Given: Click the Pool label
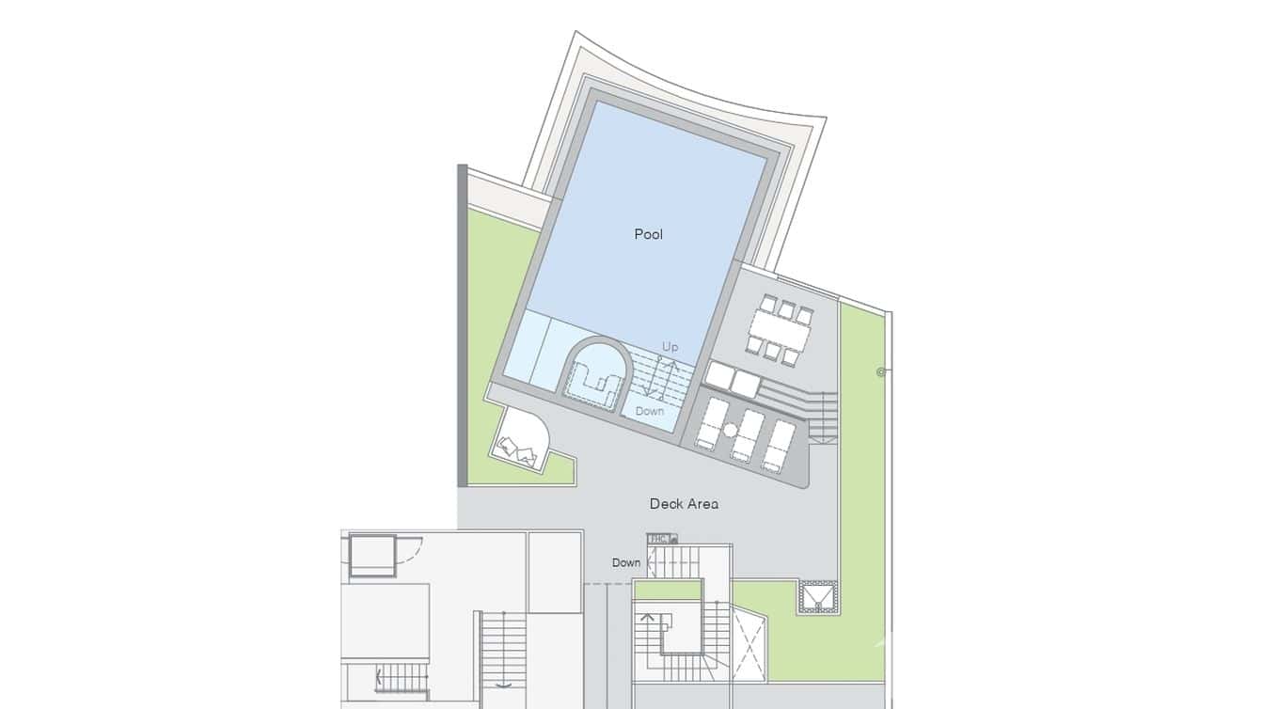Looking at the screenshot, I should tap(648, 234).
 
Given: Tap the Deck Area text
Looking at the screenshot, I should tap(684, 504).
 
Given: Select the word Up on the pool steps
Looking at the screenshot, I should tap(670, 347).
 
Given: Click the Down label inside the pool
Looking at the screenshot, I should tap(649, 411).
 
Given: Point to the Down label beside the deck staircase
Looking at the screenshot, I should tap(626, 563).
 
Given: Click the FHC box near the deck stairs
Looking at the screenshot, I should tap(659, 539).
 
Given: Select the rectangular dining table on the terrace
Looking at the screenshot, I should tap(780, 330).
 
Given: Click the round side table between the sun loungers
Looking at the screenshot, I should tap(730, 430).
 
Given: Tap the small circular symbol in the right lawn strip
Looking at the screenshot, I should tap(881, 372).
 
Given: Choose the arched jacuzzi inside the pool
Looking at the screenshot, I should tap(595, 373).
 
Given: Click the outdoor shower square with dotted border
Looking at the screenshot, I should tap(817, 596).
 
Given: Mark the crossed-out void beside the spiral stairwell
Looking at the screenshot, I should tap(749, 644).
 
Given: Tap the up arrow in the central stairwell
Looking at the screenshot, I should tap(648, 620).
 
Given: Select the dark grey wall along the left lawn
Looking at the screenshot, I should tap(462, 324).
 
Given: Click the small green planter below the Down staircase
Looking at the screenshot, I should tap(667, 591).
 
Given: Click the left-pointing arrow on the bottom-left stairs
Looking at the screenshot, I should tap(379, 675).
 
